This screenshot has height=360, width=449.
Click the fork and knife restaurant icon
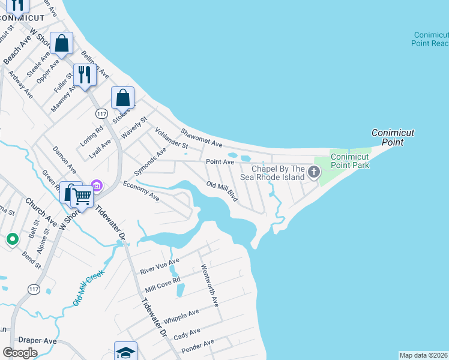(x=85, y=74)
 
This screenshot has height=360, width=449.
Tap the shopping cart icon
(x=82, y=194)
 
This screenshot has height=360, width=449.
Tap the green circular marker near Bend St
(x=12, y=240)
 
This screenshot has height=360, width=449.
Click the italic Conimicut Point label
(x=393, y=137)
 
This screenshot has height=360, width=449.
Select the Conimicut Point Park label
(x=350, y=161)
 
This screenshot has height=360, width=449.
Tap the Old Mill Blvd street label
(x=223, y=191)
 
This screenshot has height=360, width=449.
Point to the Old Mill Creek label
(x=89, y=288)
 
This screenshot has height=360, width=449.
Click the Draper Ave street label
(x=37, y=340)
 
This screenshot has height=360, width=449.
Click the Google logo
(x=20, y=353)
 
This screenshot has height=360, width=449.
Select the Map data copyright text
(x=423, y=355)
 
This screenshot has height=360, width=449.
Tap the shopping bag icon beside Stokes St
(x=122, y=97)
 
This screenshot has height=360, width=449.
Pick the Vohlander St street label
(x=172, y=138)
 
